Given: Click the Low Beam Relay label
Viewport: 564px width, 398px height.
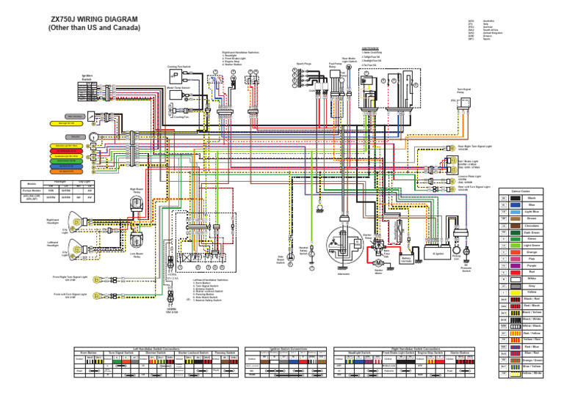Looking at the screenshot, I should coord(137,257).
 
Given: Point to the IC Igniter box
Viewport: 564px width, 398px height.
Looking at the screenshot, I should coord(438,254).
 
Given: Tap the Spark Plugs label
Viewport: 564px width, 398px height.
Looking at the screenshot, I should coord(303,64).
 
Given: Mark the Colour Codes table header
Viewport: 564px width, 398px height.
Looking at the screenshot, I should coord(529,190).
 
